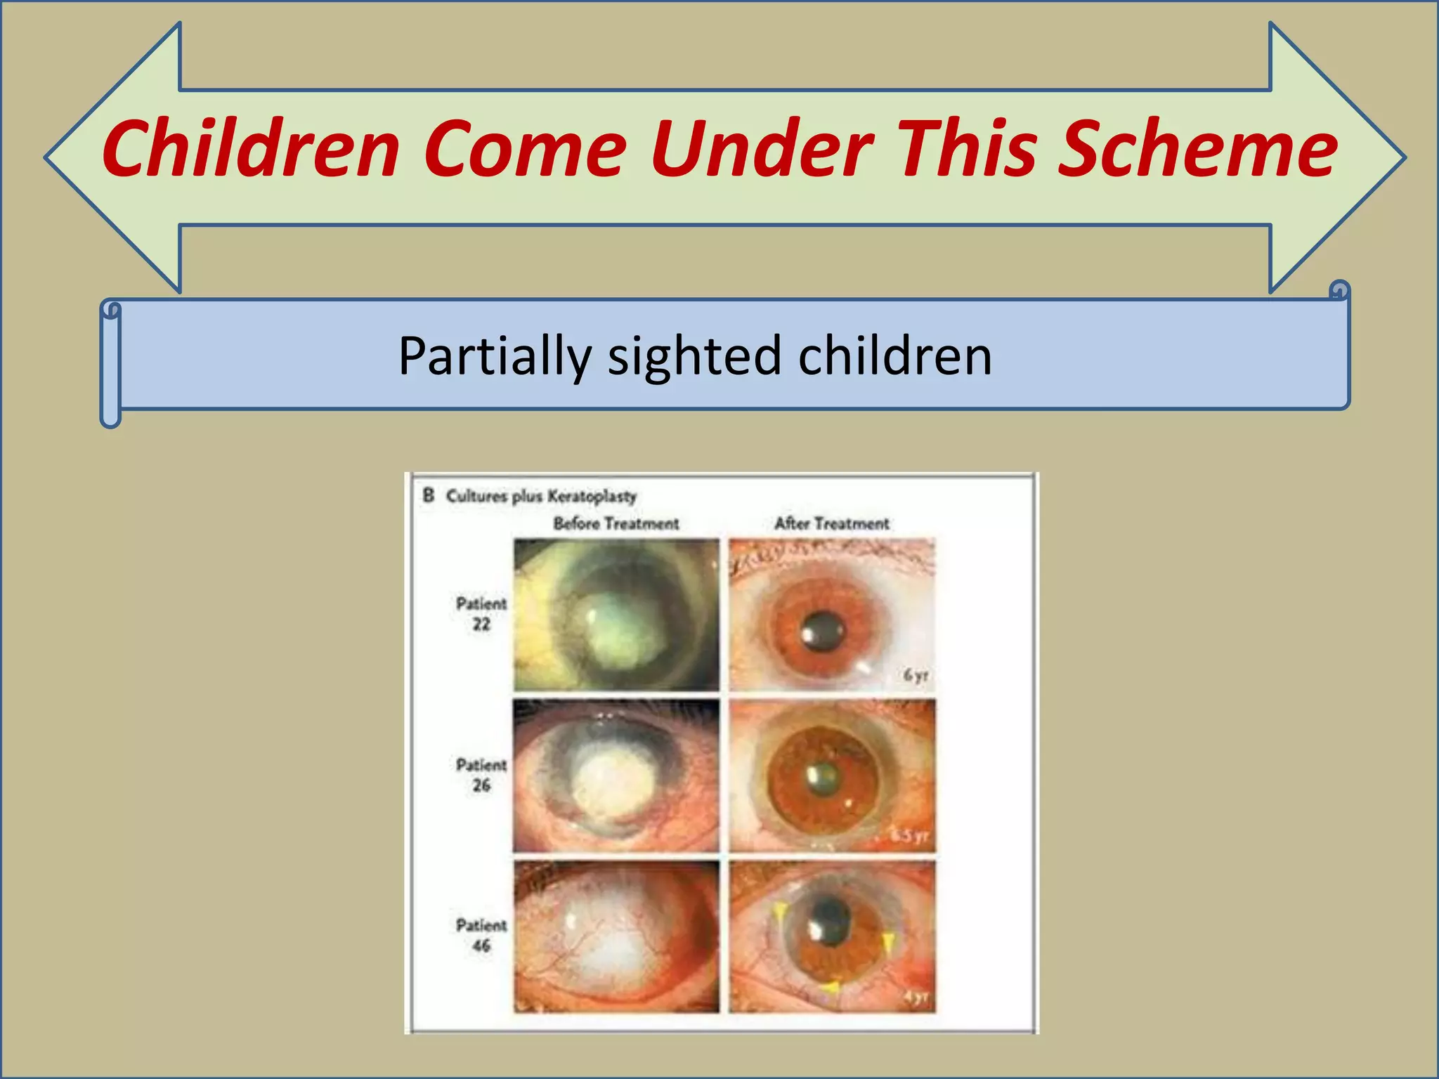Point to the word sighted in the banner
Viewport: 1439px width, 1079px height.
[694, 356]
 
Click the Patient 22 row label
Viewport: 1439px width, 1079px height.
[481, 613]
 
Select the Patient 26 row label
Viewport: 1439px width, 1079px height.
[481, 774]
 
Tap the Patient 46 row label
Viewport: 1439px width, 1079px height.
[481, 935]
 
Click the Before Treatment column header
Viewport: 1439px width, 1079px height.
[616, 523]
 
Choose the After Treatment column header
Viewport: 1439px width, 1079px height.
[831, 523]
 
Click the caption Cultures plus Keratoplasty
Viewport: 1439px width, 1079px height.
[540, 496]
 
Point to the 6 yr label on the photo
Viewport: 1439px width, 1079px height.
[915, 675]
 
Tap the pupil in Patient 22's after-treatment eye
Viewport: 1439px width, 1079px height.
[823, 631]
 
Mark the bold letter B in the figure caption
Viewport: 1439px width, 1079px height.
[428, 495]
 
